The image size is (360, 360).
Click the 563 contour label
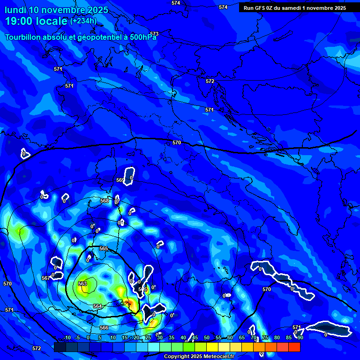82,284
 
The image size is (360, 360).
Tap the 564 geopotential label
97,306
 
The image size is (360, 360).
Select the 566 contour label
104,328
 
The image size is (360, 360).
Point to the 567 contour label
45,278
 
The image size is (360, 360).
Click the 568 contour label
105,201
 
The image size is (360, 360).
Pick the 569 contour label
120,180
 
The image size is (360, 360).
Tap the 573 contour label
154,34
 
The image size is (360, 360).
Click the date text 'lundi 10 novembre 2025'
56,10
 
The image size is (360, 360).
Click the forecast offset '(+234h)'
83,21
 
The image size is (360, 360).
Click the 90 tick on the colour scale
300,337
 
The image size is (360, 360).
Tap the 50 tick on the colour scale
206,337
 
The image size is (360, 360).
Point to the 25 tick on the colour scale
148,337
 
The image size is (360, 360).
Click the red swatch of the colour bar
294,347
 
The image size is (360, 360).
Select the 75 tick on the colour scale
265,337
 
